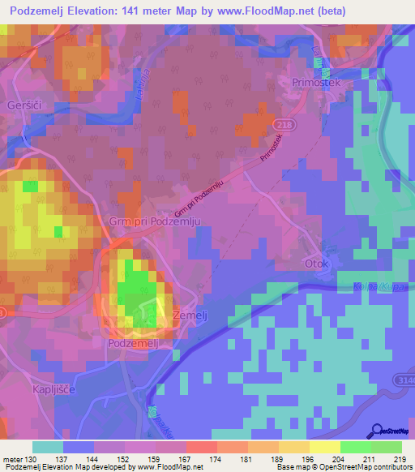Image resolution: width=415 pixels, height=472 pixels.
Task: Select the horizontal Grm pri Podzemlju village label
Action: click(x=153, y=220)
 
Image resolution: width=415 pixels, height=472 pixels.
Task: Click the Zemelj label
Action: click(x=192, y=317)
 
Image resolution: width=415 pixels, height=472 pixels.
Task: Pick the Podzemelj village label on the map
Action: click(x=137, y=343)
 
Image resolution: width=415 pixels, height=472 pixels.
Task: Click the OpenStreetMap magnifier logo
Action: click(x=378, y=431)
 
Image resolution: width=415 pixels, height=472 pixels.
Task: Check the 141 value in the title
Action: click(x=143, y=11)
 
